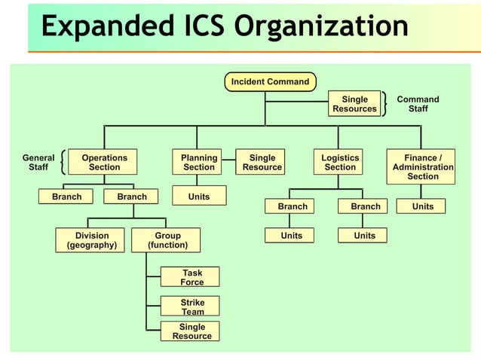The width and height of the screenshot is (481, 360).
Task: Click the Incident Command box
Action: pos(270,81)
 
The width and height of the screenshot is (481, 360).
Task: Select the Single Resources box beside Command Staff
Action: pos(354,104)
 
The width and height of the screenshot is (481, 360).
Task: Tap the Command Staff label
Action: pos(418,104)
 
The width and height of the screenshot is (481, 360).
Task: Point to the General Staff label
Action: pos(38,163)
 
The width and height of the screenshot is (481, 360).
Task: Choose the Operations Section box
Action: pos(104,163)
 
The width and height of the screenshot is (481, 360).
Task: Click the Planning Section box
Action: pos(199,163)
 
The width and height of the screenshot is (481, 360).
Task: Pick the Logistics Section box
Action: pos(340,163)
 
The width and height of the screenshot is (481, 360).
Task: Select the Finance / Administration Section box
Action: pos(423,166)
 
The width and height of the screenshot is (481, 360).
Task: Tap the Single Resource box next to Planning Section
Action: pos(262,163)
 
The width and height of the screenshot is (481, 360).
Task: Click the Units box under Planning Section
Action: pos(199,197)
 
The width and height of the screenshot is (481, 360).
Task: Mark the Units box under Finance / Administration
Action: pos(423,206)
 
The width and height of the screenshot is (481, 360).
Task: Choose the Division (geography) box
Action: pos(91,240)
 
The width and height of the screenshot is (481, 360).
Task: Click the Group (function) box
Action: pos(167,240)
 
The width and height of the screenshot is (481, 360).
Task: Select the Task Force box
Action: pos(191,277)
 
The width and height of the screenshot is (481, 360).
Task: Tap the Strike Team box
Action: pos(191,307)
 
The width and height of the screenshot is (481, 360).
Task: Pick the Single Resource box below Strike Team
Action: pos(191,331)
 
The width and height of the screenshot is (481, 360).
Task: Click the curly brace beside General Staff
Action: pos(62,163)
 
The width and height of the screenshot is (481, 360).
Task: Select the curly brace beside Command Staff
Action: pos(386,104)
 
